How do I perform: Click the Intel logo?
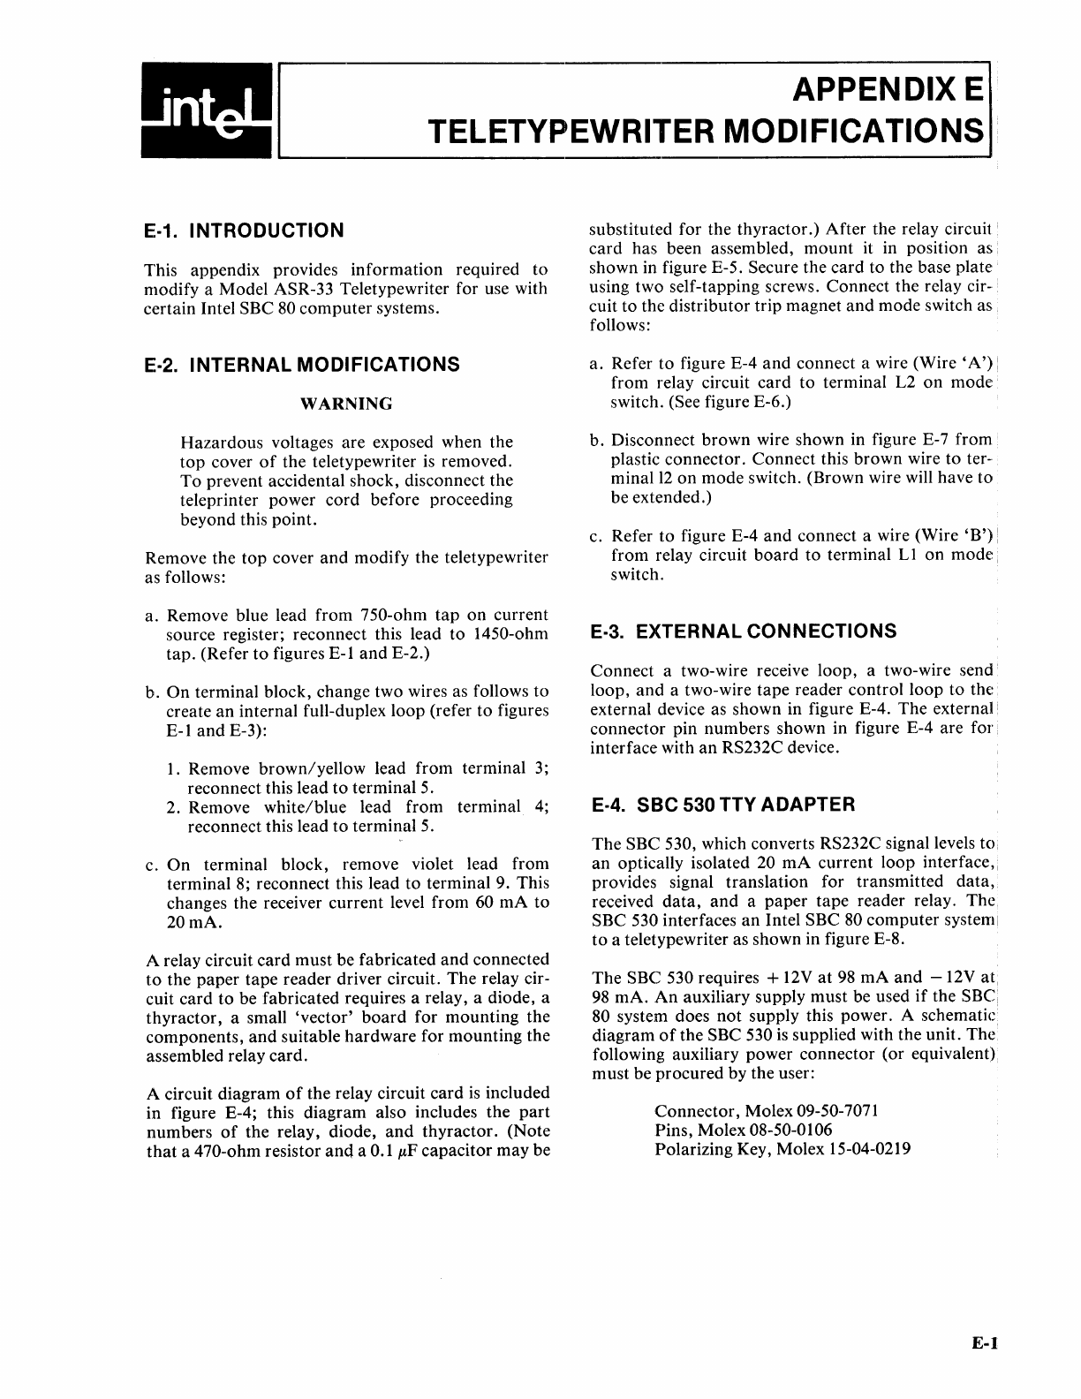pos(208,111)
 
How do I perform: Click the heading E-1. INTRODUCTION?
pos(244,231)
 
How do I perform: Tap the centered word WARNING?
pos(346,404)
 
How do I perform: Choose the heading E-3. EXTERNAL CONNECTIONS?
pos(743,631)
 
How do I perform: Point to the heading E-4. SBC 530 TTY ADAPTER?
pos(722,805)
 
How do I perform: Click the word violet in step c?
pos(433,865)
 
